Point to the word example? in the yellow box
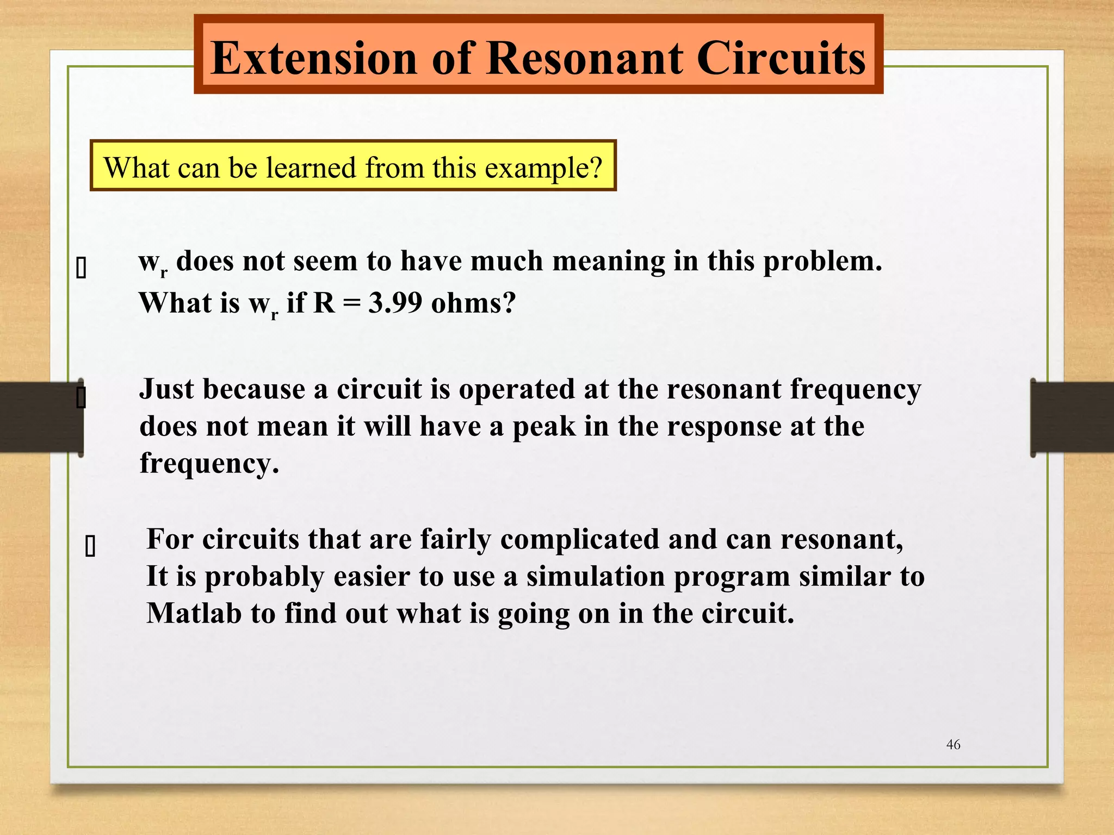[543, 167]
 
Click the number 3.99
[395, 303]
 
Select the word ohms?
[473, 303]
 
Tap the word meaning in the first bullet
[608, 261]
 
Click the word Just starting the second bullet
[166, 389]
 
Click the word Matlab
[194, 613]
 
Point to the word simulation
[595, 576]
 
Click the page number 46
[953, 745]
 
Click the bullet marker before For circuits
[90, 547]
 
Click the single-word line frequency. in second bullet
[209, 463]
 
